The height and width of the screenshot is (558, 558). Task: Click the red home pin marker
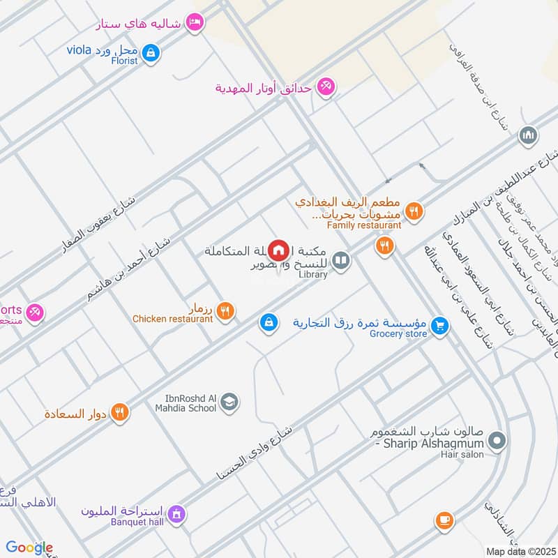pyautogui.click(x=278, y=249)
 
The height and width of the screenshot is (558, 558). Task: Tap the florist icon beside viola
pyautogui.click(x=151, y=52)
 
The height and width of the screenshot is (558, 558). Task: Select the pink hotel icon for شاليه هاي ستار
pyautogui.click(x=196, y=23)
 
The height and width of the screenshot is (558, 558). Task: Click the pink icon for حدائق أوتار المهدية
pyautogui.click(x=324, y=87)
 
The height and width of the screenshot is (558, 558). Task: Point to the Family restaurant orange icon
pyautogui.click(x=414, y=210)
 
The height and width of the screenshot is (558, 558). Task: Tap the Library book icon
pyautogui.click(x=340, y=262)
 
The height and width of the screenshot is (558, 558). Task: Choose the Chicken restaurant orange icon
pyautogui.click(x=225, y=311)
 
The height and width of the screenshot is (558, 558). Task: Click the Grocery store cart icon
pyautogui.click(x=439, y=325)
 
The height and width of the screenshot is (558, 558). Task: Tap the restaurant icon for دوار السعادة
pyautogui.click(x=120, y=413)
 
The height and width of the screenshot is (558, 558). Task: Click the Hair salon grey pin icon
pyautogui.click(x=497, y=440)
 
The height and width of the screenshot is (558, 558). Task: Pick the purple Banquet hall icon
pyautogui.click(x=176, y=514)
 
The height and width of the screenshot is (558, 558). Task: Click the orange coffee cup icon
pyautogui.click(x=444, y=520)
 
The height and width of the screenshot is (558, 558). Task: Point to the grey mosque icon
pyautogui.click(x=529, y=135)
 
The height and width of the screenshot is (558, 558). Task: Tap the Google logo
pyautogui.click(x=29, y=548)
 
